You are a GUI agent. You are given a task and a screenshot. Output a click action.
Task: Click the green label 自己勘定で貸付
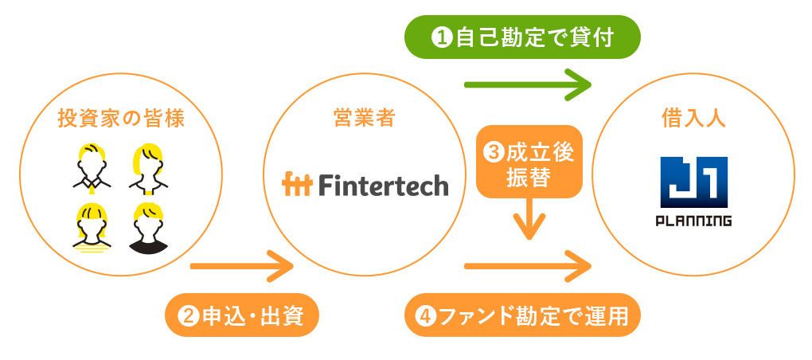(523, 37)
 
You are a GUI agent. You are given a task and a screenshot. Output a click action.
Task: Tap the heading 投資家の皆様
(121, 119)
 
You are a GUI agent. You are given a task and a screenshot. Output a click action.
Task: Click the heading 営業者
(364, 119)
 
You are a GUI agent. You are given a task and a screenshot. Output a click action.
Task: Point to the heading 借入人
(693, 119)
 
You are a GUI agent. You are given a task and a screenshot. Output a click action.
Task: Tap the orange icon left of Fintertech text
(298, 186)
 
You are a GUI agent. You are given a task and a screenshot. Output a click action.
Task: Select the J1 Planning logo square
(695, 183)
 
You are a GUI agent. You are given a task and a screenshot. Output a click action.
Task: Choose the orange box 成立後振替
(529, 163)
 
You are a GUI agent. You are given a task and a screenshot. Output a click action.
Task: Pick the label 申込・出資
(241, 316)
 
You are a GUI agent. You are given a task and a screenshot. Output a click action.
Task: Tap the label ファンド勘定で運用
(523, 316)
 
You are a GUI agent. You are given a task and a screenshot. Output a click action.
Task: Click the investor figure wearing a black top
(149, 229)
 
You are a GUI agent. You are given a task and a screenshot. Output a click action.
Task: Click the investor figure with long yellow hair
(148, 168)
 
